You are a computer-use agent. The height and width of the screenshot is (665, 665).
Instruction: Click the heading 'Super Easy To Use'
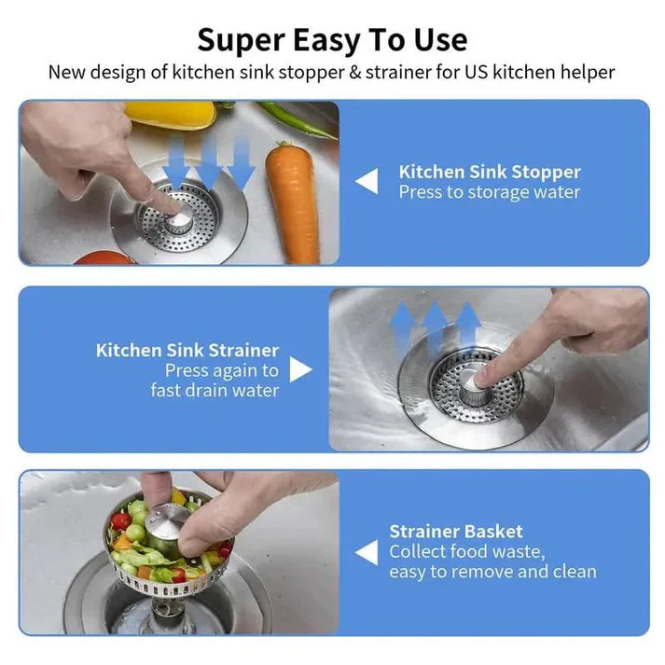[x=332, y=40]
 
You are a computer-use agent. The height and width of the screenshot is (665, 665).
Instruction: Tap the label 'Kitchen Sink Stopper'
[x=489, y=172]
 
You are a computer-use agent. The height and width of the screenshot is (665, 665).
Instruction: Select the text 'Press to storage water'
[x=489, y=192]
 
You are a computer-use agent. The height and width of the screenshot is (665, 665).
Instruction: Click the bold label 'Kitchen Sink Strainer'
[x=187, y=351]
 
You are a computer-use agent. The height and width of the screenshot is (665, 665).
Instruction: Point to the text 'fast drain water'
[x=215, y=390]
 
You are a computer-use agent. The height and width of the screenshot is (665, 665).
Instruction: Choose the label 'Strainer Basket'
[x=456, y=532]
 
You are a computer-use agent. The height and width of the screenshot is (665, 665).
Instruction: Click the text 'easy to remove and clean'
[x=492, y=572]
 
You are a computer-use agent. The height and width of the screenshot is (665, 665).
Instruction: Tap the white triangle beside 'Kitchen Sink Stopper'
[x=367, y=182]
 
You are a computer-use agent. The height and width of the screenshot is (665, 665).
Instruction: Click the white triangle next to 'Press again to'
[x=300, y=369]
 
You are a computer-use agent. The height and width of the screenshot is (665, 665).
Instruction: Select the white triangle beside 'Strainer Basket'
[x=367, y=552]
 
